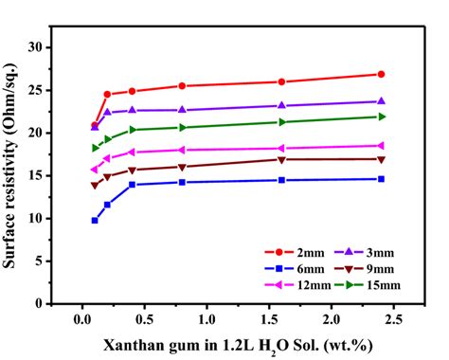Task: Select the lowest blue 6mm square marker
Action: click(x=95, y=220)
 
